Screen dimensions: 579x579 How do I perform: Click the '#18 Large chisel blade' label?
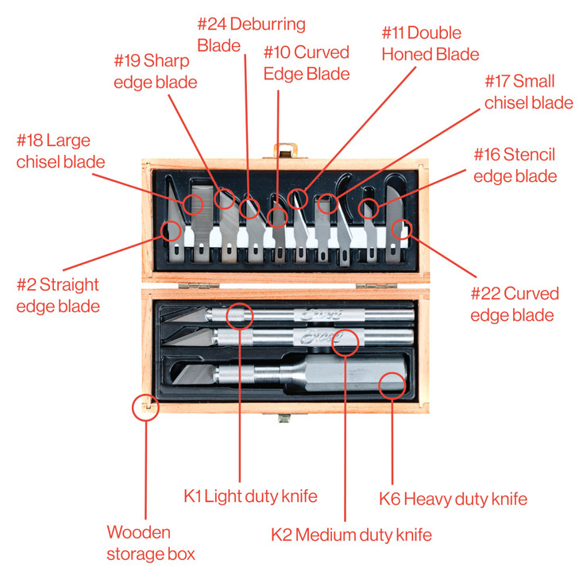click(60, 152)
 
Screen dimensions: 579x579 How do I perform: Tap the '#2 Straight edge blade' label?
click(58, 295)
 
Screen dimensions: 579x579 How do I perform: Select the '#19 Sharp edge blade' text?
click(156, 71)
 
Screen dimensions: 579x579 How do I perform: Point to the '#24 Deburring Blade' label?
click(251, 34)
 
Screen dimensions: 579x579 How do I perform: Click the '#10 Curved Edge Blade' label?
click(307, 63)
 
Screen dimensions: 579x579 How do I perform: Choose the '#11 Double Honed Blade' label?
click(430, 44)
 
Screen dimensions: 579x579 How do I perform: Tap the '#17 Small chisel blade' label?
click(529, 91)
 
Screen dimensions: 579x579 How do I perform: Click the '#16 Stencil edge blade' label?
click(515, 164)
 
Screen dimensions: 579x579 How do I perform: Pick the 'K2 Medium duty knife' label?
click(351, 535)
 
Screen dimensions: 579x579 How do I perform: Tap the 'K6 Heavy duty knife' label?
click(453, 499)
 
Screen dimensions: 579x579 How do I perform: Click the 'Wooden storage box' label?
click(151, 542)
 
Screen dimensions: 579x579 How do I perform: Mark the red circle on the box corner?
click(145, 407)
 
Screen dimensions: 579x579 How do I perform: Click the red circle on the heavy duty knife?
click(392, 386)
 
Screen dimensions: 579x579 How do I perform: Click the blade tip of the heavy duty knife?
click(176, 378)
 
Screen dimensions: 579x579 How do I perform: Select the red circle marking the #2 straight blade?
click(171, 231)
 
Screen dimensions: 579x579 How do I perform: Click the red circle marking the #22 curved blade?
click(403, 230)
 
